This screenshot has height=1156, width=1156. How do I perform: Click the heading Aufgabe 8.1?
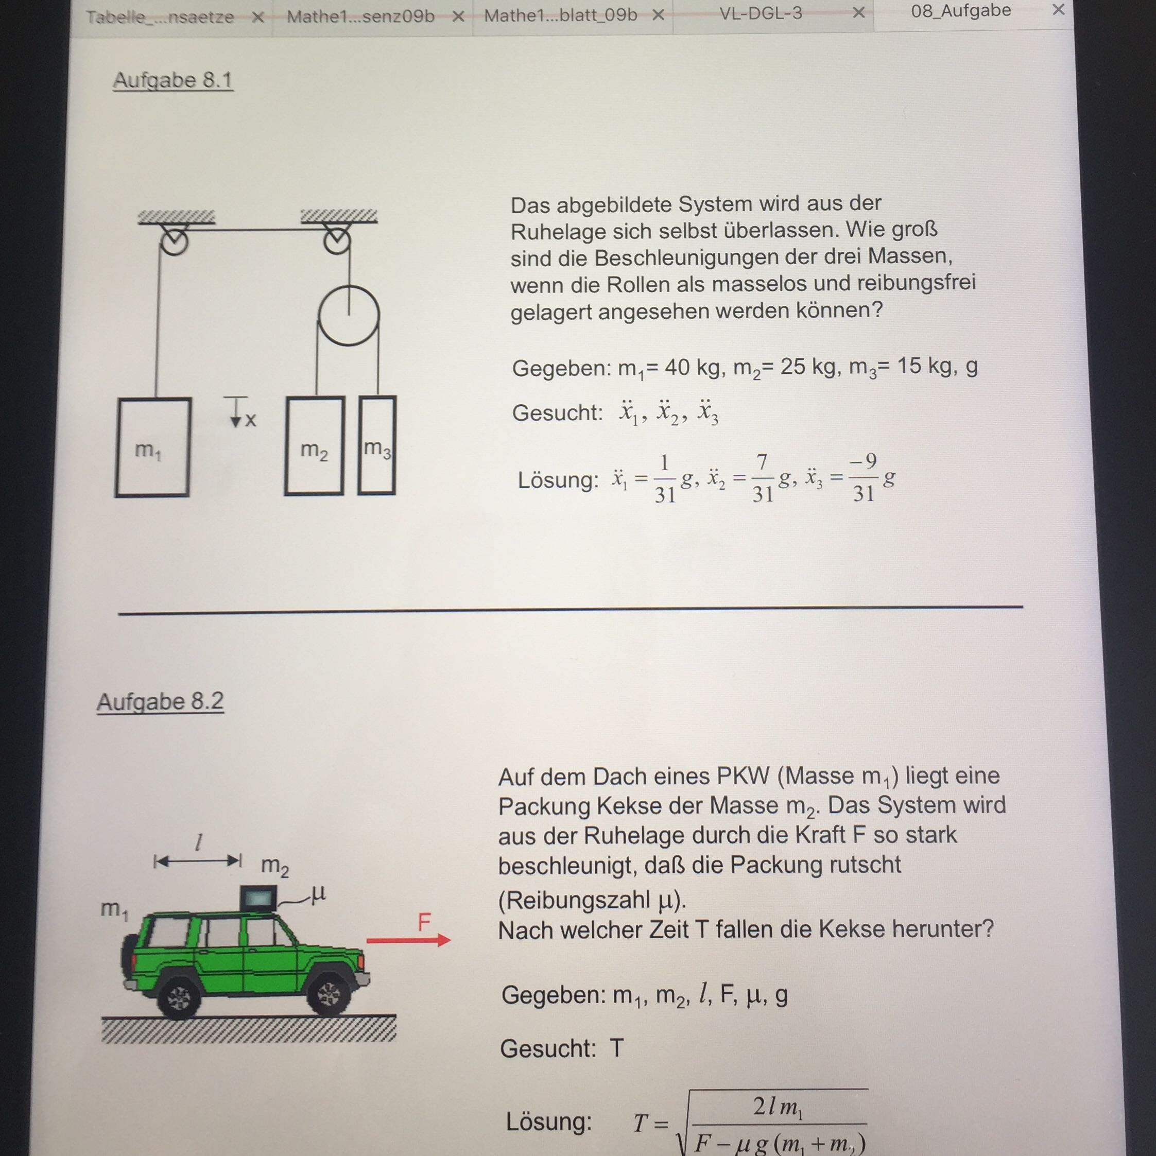[173, 80]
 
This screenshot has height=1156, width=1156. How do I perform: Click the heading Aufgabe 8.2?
[160, 701]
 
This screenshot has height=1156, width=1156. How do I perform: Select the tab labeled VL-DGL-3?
[761, 13]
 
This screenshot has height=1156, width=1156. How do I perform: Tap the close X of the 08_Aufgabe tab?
[1058, 10]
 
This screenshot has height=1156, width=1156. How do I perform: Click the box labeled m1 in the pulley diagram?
[152, 447]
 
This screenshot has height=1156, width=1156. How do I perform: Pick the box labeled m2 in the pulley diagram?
[315, 446]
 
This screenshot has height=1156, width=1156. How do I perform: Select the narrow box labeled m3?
[377, 446]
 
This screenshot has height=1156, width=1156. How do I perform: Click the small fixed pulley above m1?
[174, 241]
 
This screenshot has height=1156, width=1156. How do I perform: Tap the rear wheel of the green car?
[178, 997]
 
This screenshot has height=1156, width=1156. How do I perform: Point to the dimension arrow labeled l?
[197, 861]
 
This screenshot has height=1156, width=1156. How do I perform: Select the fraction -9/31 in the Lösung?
[864, 477]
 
